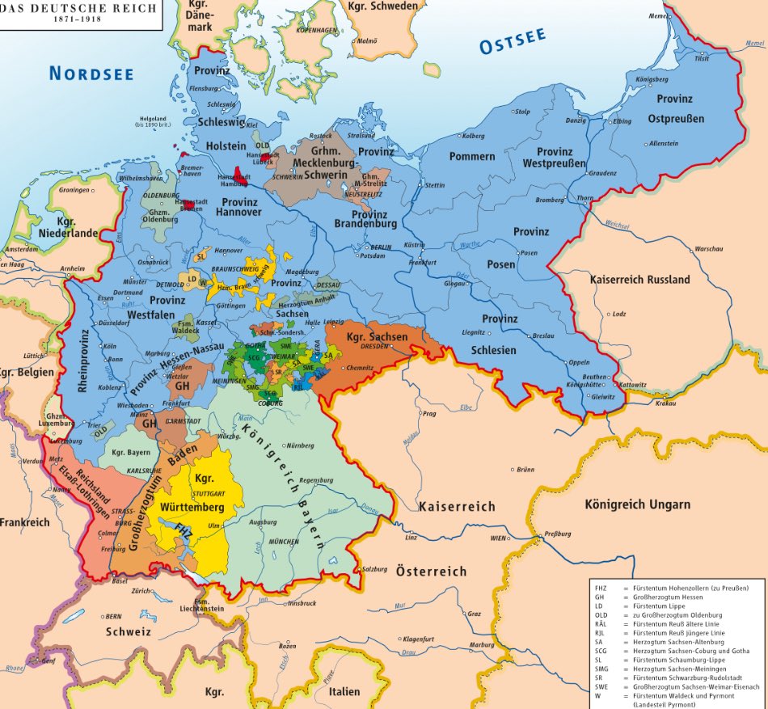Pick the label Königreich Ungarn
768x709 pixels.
tap(638, 504)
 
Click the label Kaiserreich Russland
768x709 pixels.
tap(639, 280)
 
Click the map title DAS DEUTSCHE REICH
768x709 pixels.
tap(51, 5)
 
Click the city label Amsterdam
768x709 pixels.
tap(22, 250)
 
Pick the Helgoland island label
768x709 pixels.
tap(151, 118)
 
